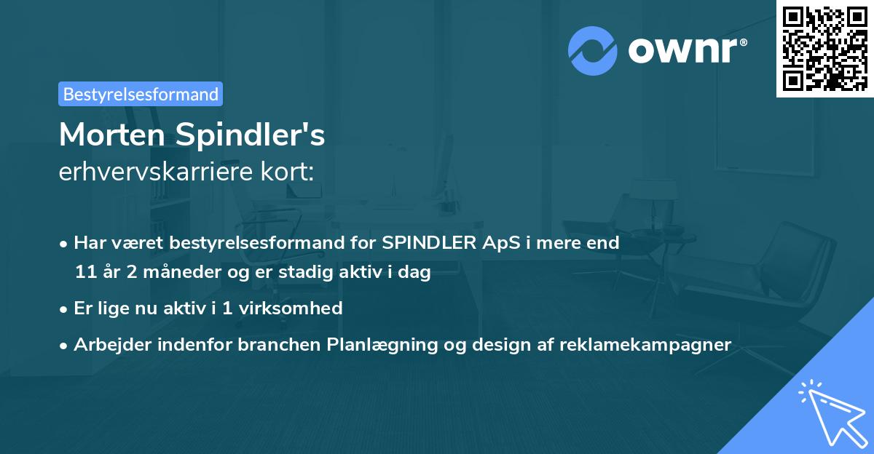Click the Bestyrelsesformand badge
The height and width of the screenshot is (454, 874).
141,94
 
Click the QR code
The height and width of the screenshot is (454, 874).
824,48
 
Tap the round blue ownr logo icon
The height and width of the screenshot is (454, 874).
593,51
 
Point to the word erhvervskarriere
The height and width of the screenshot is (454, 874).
159,172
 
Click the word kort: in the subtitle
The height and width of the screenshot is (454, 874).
289,172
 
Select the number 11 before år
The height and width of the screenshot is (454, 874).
85,273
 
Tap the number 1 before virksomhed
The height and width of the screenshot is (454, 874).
227,308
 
